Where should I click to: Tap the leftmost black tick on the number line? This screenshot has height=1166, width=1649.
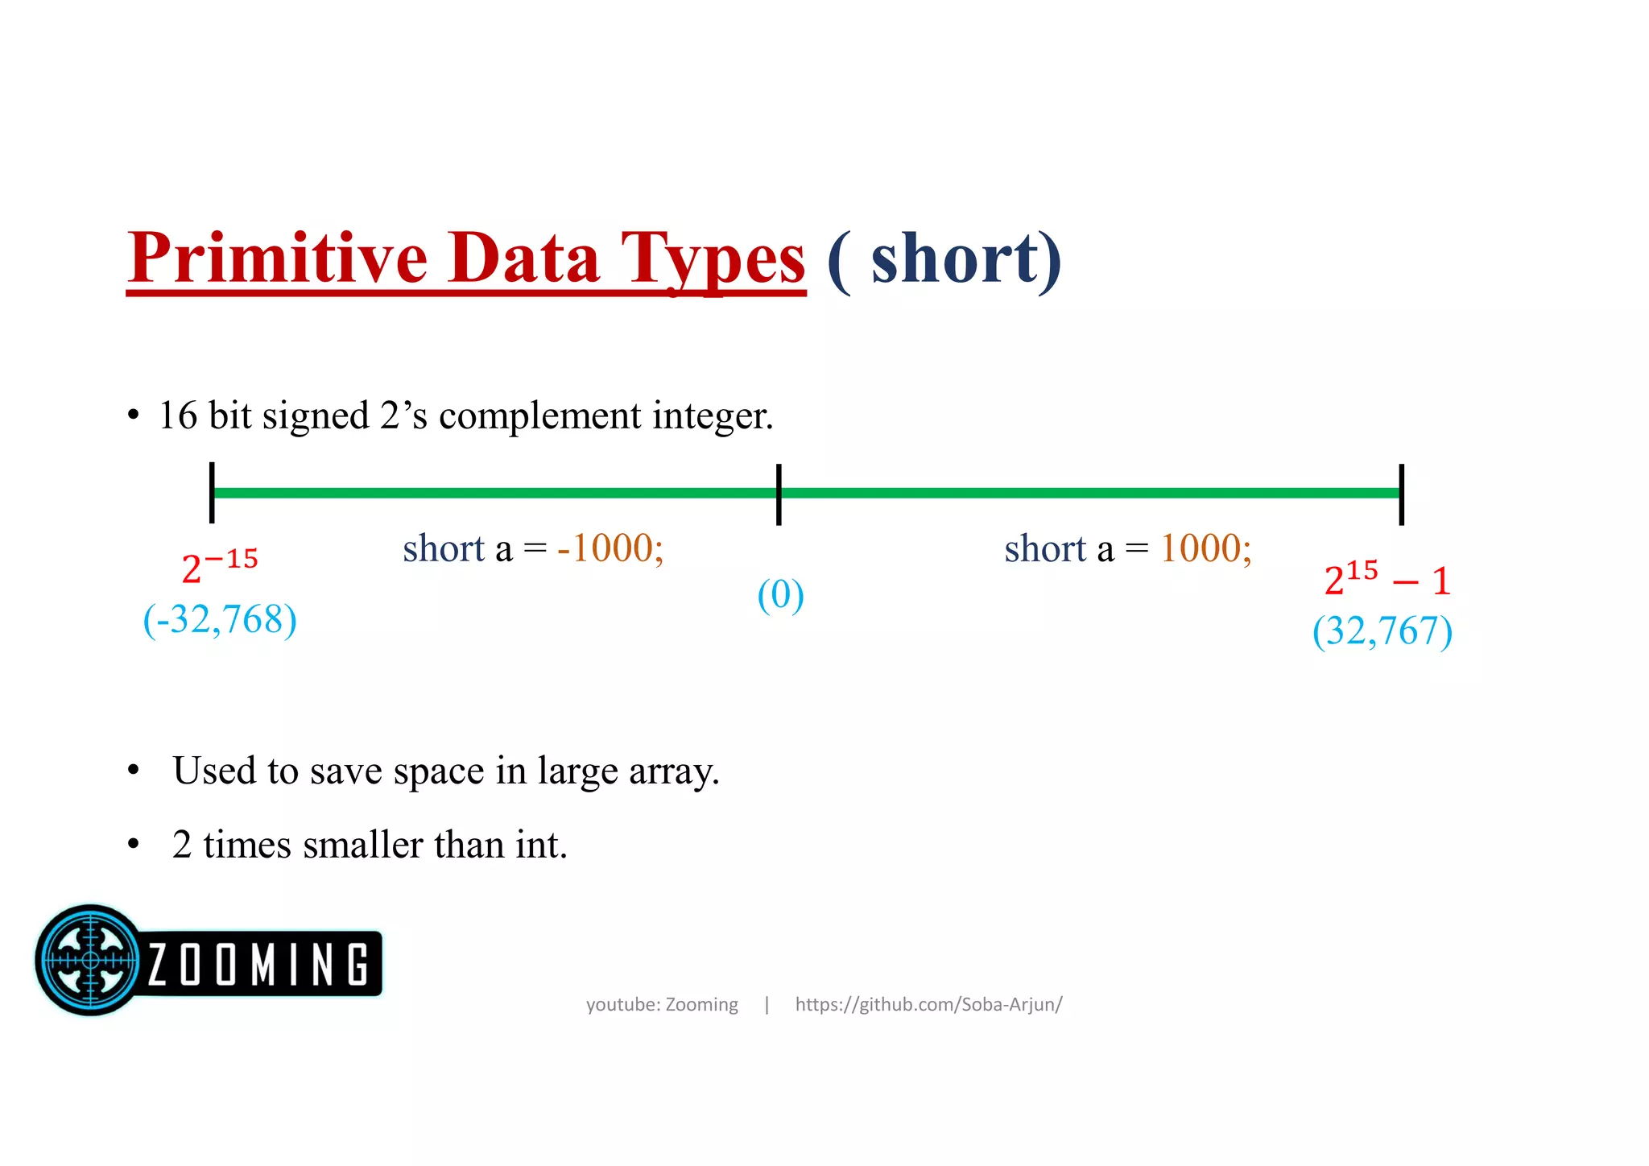tap(212, 493)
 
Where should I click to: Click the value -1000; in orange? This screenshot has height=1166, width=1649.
tap(610, 548)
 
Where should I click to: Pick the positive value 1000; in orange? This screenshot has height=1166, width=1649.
tap(1205, 548)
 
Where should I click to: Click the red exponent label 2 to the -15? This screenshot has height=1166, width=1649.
tap(219, 566)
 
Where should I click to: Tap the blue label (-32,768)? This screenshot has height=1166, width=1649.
tap(220, 620)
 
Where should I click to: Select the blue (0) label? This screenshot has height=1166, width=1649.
tap(780, 595)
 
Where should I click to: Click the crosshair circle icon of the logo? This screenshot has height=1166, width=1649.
tap(90, 959)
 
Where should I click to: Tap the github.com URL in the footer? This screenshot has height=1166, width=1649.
tap(928, 1004)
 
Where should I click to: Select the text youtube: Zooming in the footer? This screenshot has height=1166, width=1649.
tap(662, 1004)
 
